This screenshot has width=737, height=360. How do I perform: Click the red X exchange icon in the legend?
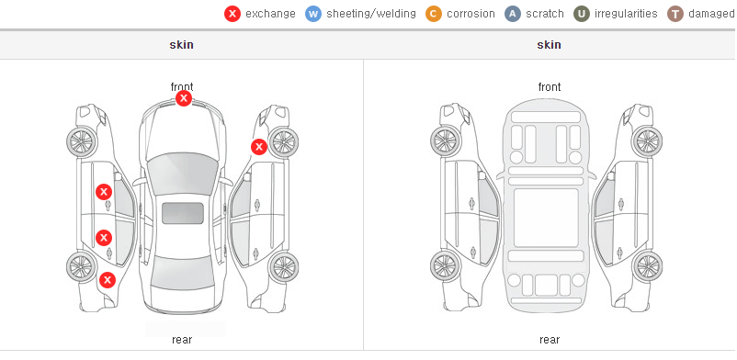(232, 14)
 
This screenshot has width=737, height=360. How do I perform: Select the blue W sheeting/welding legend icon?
(313, 14)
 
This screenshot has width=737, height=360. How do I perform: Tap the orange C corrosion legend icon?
(434, 14)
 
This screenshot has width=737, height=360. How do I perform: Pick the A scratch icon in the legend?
(513, 14)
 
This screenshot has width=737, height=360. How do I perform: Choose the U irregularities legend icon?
(582, 14)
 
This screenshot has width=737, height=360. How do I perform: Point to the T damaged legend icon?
(675, 14)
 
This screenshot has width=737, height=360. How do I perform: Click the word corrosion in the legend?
(471, 14)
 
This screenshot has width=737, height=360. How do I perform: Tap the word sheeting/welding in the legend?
(371, 14)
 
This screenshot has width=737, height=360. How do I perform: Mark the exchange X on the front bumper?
(184, 98)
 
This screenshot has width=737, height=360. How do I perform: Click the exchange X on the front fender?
(258, 147)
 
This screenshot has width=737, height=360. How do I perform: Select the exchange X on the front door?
(104, 192)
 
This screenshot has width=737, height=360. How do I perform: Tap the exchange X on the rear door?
(104, 238)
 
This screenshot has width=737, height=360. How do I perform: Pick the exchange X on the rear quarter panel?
(108, 281)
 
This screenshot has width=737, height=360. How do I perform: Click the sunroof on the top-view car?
(183, 213)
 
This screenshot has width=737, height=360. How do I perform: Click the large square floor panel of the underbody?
(546, 218)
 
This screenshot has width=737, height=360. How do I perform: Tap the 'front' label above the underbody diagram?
(550, 87)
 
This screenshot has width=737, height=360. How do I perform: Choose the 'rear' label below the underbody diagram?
(550, 340)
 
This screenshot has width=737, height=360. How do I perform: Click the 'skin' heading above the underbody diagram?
(549, 45)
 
